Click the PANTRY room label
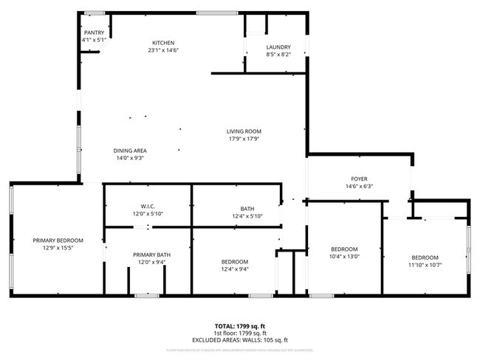click(94, 32)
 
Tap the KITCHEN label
click(163, 42)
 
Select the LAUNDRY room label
click(278, 46)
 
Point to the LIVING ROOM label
click(244, 131)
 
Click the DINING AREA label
click(129, 150)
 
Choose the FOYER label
click(359, 179)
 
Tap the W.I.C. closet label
click(147, 207)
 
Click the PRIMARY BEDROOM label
click(58, 240)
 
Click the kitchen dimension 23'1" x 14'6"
click(163, 49)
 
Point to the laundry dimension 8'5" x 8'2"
click(278, 54)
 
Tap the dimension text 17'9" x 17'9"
click(244, 139)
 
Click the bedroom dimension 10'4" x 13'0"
click(344, 257)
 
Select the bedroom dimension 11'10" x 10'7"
click(425, 265)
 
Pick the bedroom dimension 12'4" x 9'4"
click(235, 269)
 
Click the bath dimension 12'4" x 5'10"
click(247, 216)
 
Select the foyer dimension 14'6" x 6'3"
click(359, 187)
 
